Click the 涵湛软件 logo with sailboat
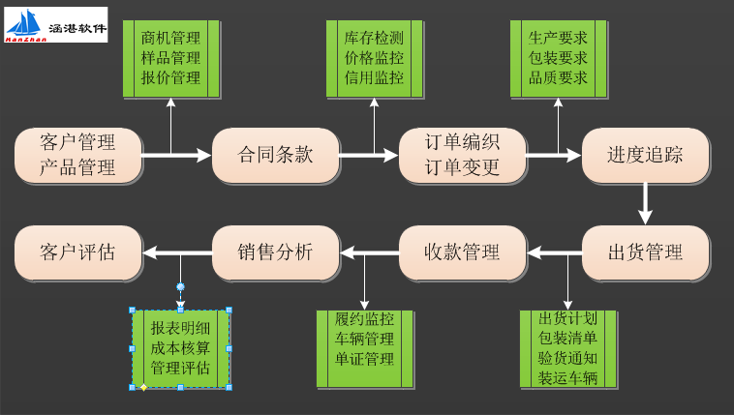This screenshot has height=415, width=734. tap(56, 25)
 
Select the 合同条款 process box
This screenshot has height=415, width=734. tap(275, 155)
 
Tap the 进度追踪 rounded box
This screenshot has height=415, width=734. tap(645, 155)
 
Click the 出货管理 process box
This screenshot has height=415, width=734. tap(645, 253)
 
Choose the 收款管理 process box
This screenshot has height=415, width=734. tap(462, 253)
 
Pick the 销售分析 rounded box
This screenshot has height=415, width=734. tap(275, 253)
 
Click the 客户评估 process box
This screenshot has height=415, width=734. tap(77, 253)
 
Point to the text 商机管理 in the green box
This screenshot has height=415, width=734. tap(171, 39)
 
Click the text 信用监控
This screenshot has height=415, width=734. tap(374, 77)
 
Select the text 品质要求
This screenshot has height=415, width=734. tap(558, 77)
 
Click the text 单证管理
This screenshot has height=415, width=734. tap(364, 359)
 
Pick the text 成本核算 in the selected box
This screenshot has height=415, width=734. tap(180, 347)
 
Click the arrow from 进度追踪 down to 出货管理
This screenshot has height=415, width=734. tap(645, 203)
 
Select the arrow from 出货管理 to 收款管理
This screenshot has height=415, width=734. tap(554, 253)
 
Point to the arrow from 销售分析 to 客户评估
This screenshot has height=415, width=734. tap(177, 253)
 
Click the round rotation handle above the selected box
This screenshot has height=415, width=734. tap(180, 286)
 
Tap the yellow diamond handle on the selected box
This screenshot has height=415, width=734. tap(143, 388)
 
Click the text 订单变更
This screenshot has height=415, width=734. tap(462, 166)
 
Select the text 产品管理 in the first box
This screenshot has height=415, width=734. tap(77, 166)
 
